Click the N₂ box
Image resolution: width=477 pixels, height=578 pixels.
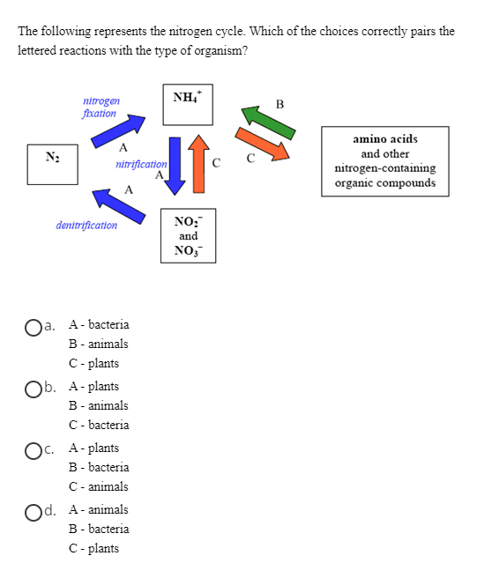pyautogui.click(x=51, y=164)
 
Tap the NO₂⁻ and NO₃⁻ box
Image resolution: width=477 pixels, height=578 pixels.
pyautogui.click(x=188, y=235)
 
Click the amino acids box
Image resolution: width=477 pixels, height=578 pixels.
pyautogui.click(x=384, y=161)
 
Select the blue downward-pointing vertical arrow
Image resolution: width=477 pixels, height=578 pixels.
pyautogui.click(x=175, y=164)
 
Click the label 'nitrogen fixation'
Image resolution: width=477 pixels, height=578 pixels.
pyautogui.click(x=100, y=107)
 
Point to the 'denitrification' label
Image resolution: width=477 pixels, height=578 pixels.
pyautogui.click(x=86, y=226)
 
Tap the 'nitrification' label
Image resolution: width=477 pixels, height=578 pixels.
pyautogui.click(x=141, y=165)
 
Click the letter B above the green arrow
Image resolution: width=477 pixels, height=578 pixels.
pyautogui.click(x=280, y=105)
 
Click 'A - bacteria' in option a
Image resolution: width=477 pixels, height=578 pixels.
pyautogui.click(x=99, y=325)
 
